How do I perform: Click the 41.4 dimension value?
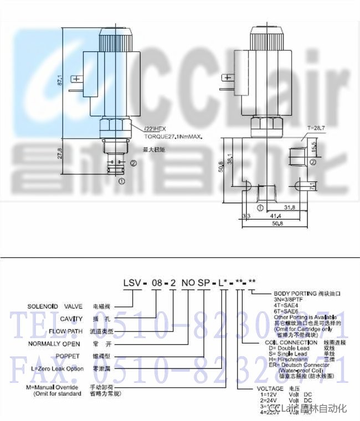[275, 215]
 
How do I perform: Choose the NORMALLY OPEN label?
[54, 343]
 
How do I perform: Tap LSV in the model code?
[132, 282]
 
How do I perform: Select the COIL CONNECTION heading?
[286, 342]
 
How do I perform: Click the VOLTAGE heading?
[272, 389]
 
